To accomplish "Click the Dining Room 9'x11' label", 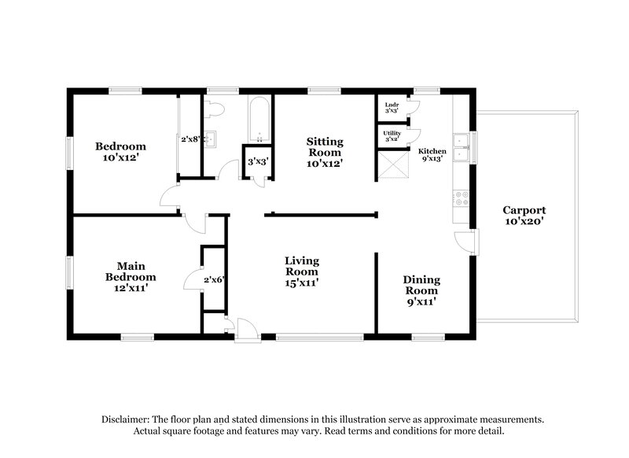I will [x=421, y=290].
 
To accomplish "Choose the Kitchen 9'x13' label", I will [x=432, y=154].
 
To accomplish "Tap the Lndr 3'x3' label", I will [x=391, y=109].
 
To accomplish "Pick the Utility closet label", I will [x=392, y=137].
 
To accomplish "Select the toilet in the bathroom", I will [x=215, y=108].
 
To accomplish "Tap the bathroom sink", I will [x=210, y=139].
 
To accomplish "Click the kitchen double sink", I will [x=464, y=148].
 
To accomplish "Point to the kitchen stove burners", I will [x=462, y=198].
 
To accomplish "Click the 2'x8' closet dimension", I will [x=191, y=139].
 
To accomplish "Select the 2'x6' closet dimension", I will [x=214, y=279].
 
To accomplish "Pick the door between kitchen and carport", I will [x=465, y=242].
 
